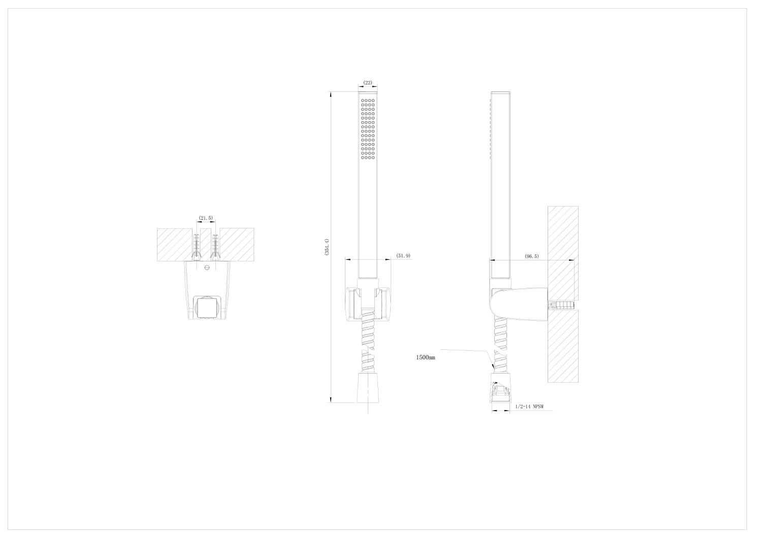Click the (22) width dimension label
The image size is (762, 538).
368,83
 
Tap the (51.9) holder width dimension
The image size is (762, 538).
403,256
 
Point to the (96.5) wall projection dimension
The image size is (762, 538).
532,257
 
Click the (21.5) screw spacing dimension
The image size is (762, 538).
206,218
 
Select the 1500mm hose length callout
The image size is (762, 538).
425,357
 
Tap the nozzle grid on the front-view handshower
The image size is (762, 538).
368,129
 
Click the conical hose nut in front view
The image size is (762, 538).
368,388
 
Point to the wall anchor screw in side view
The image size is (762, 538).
560,306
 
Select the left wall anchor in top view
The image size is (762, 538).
197,247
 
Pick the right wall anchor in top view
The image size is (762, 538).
216,247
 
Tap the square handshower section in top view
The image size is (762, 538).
206,307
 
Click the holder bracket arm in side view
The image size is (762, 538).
518,304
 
